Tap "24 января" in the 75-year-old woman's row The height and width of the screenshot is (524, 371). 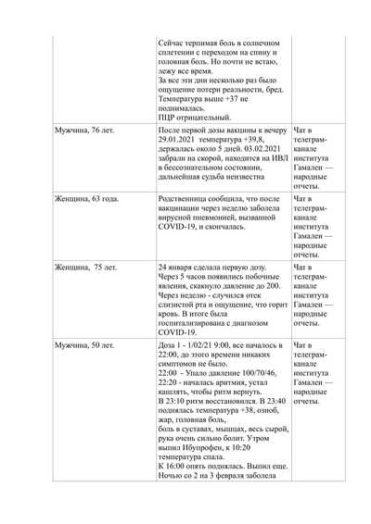point(179,267)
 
